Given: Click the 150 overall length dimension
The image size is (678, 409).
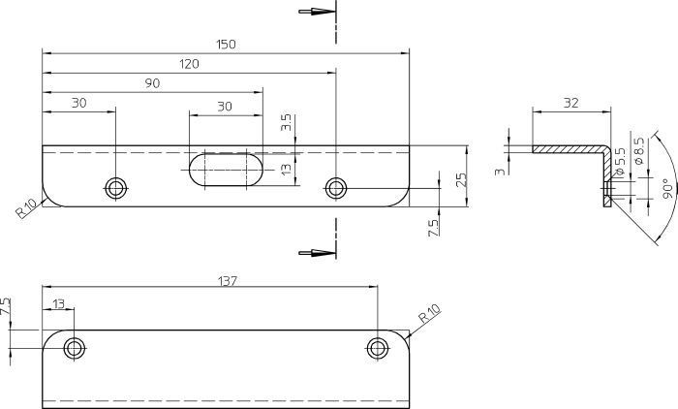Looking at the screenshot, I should [x=226, y=44].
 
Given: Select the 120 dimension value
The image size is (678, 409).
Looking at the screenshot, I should [x=189, y=64].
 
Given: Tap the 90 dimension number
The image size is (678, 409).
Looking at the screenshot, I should [x=152, y=84].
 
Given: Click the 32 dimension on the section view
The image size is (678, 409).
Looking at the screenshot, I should [x=570, y=101].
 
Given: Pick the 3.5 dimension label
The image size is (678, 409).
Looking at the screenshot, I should [x=286, y=123].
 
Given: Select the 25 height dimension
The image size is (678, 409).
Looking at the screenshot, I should [x=461, y=178].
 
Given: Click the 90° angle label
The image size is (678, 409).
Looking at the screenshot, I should [x=665, y=188].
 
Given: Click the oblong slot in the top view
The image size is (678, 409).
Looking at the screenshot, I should [x=225, y=167].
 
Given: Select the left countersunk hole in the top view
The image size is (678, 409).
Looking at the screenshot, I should [x=116, y=186].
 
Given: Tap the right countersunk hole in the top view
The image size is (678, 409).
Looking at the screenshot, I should [x=335, y=186].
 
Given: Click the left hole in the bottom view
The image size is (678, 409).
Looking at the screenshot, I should [x=74, y=348].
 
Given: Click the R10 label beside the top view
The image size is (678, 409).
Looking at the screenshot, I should [x=25, y=208].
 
